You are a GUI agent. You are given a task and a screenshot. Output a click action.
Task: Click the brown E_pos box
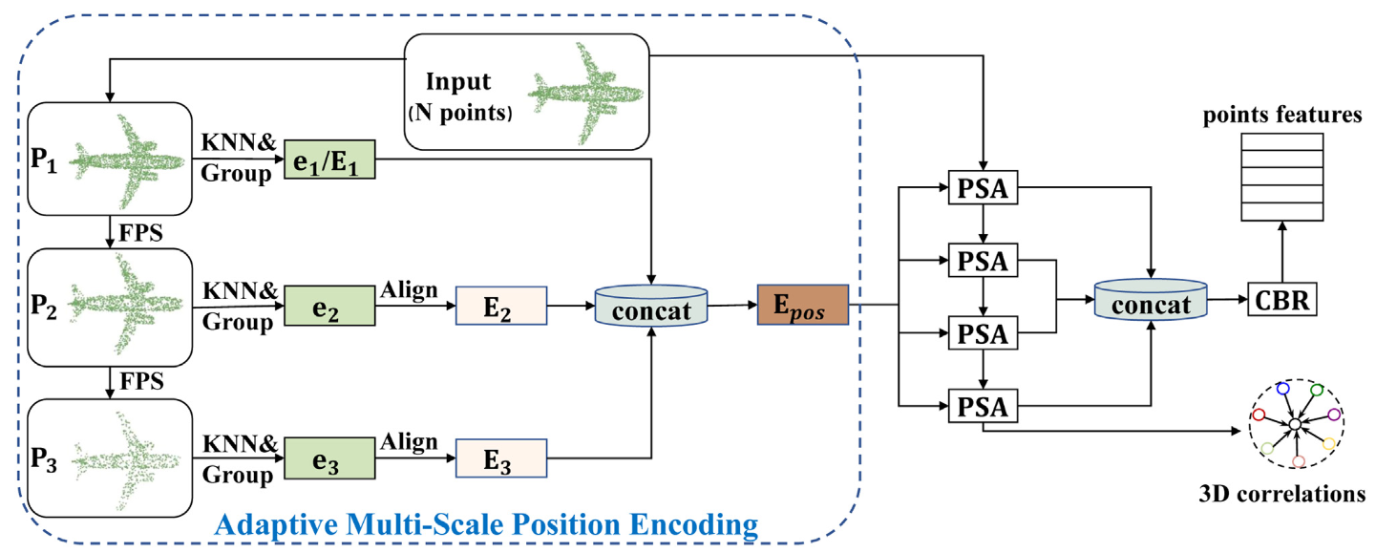[802, 305]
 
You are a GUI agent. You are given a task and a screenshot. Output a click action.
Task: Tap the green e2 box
[328, 307]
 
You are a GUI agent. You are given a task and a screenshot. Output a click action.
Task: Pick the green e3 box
[328, 457]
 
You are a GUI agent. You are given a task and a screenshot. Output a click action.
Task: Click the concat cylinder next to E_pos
[650, 307]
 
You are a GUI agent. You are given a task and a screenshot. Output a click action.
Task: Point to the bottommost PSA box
[984, 407]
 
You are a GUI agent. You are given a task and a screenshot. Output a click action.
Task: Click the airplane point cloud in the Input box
[583, 93]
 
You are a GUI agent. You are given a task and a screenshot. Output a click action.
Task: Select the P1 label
[45, 160]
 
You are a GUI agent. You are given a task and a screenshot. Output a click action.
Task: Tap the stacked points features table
[1282, 176]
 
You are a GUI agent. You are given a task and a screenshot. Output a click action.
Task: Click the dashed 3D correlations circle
[1294, 423]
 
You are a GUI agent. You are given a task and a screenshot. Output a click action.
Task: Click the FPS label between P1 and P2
[141, 231]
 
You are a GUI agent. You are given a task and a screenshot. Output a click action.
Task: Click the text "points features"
[1281, 116]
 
